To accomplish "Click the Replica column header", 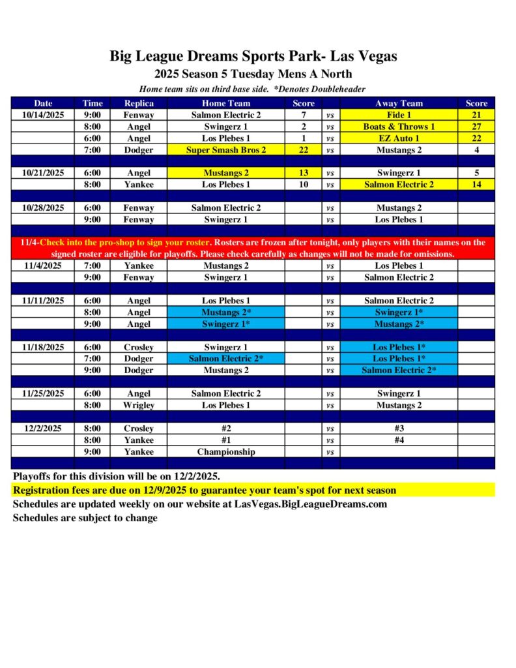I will pos(139,103).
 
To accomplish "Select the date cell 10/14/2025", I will pos(43,115).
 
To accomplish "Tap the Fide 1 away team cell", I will pos(399,115).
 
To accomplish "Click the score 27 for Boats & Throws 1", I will pos(476,127).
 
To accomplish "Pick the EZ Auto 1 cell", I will pos(399,138).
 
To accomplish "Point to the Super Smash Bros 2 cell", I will pos(226,150).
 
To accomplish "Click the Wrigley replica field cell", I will pos(139,405).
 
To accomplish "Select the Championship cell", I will pos(226,451).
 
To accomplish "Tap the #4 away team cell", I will pos(399,440).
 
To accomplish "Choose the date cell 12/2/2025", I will pos(43,429).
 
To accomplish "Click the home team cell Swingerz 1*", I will pos(226,324).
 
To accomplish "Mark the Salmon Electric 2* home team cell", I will pos(226,358).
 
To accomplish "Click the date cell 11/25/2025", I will pos(43,393).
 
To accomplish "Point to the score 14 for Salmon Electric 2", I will pos(476,185).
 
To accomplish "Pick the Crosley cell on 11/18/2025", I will pos(139,347).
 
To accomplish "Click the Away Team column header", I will pos(399,103).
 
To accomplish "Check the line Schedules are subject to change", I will pos(85,518).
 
